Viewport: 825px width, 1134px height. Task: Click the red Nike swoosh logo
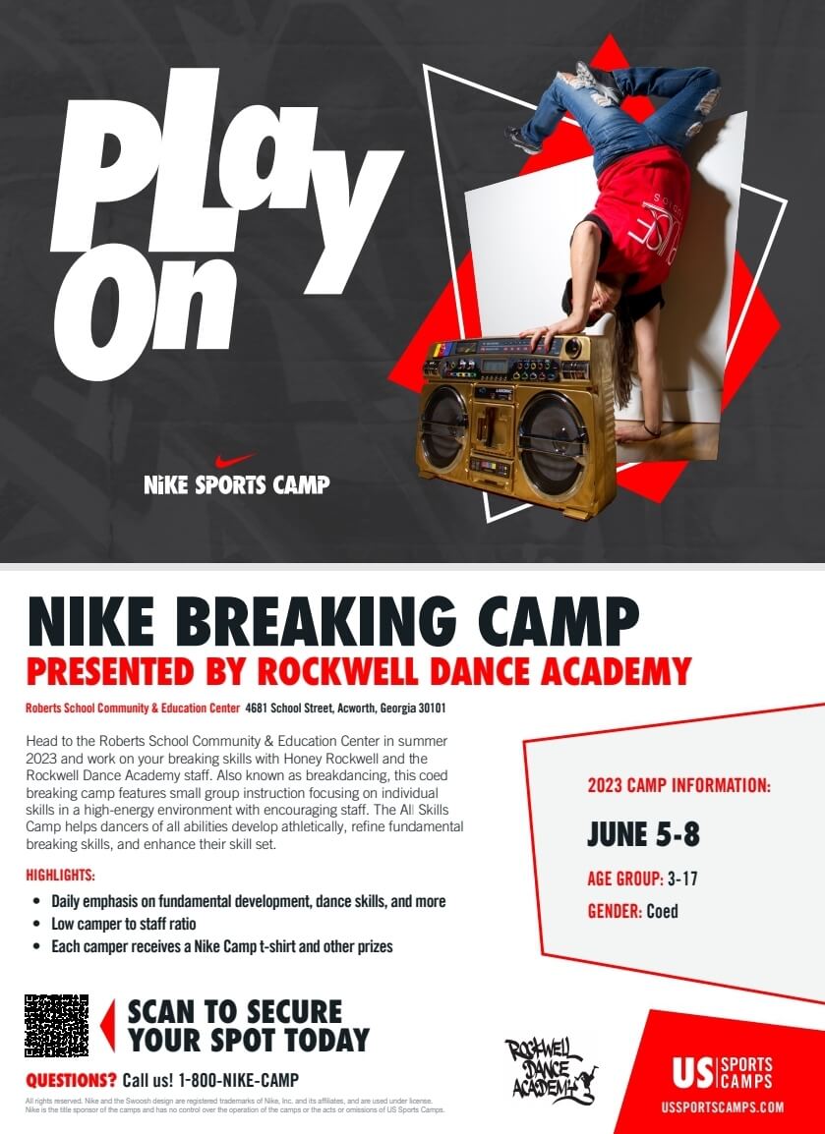tap(234, 460)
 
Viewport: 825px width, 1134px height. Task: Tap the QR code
tap(56, 1025)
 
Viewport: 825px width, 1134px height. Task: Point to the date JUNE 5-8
tap(643, 834)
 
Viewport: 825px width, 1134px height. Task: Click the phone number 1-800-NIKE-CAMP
tap(239, 1080)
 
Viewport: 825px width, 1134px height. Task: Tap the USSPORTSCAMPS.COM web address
tap(722, 1107)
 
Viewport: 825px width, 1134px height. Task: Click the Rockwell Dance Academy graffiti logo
tap(551, 1069)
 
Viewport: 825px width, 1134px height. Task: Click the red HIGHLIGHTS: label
tap(61, 876)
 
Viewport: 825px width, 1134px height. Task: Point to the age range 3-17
tap(682, 879)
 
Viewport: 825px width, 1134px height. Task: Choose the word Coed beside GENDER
tap(662, 911)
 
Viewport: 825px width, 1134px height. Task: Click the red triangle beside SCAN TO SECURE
tap(108, 1025)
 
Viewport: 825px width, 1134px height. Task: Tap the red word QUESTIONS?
tap(71, 1080)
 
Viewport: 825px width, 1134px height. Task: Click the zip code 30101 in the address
tap(432, 709)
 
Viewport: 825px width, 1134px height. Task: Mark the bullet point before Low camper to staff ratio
tap(36, 925)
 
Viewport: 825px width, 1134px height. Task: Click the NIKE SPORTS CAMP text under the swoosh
tap(237, 483)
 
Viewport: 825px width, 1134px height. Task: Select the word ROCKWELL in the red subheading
tap(338, 671)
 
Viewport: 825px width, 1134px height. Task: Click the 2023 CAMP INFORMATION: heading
tap(678, 785)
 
